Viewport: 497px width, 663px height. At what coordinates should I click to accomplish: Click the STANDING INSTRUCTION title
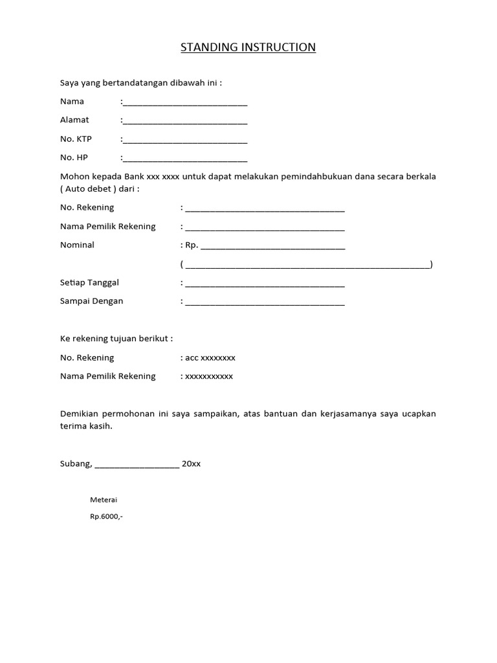tap(248, 47)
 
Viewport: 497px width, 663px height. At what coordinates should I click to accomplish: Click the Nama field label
tap(72, 102)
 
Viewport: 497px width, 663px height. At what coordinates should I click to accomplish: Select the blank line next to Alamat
tap(184, 121)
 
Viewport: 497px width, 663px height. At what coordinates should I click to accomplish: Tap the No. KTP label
tap(76, 139)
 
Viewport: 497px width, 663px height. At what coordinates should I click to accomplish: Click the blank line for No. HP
tap(184, 159)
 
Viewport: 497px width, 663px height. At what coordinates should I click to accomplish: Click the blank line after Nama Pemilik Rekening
tap(265, 227)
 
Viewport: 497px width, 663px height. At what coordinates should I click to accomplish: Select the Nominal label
tap(77, 245)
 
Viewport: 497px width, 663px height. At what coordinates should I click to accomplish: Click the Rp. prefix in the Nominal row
tap(192, 245)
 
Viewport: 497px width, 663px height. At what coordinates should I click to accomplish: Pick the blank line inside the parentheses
tap(307, 265)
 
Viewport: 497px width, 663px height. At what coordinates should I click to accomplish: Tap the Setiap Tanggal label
tap(89, 282)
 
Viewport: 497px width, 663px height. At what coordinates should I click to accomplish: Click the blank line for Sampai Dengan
tap(265, 302)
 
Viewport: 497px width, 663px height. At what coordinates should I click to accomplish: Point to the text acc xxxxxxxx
tap(210, 357)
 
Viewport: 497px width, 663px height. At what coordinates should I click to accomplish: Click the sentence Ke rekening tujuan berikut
tap(116, 339)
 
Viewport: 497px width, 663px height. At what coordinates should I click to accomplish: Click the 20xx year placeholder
tap(192, 464)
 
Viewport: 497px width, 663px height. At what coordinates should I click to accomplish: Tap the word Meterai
tap(104, 500)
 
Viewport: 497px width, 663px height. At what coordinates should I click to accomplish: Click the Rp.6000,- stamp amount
tap(106, 517)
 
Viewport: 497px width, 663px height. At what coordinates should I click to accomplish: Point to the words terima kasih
tap(85, 426)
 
